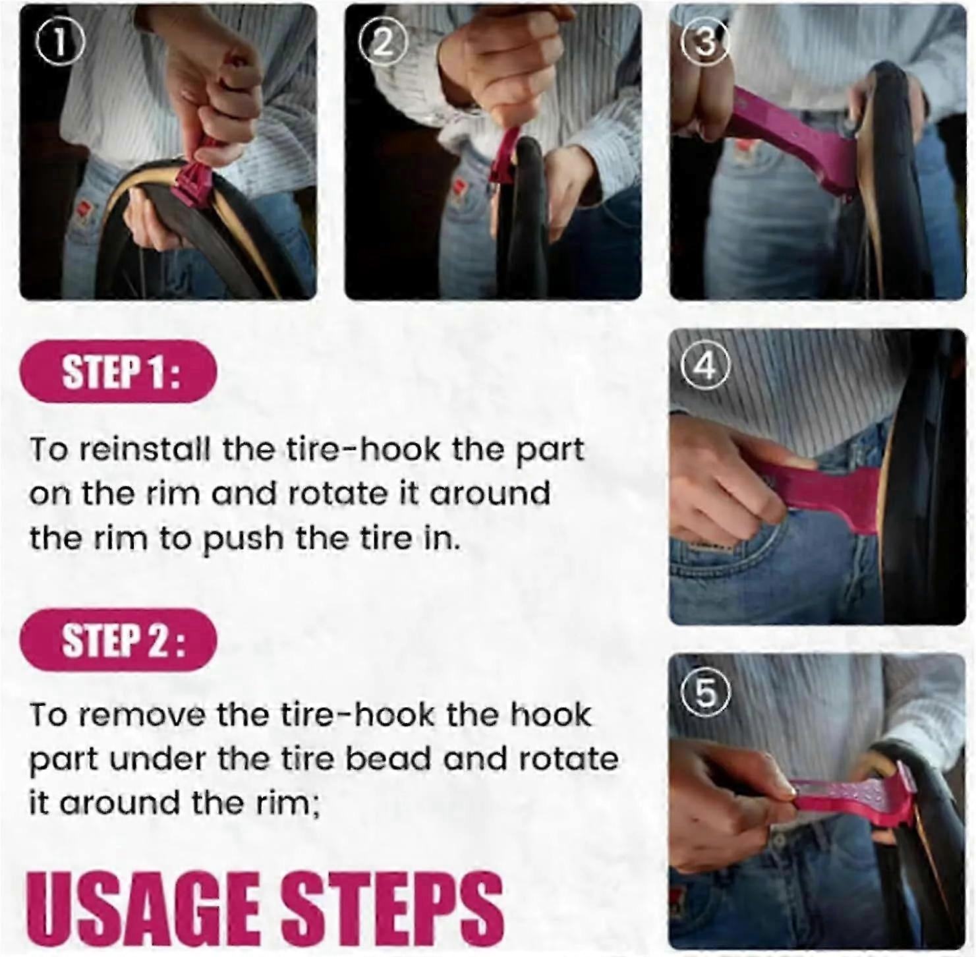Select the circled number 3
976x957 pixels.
coord(705,43)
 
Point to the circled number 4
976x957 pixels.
coord(706,366)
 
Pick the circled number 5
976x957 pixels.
coord(705,692)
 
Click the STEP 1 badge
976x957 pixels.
coord(119,372)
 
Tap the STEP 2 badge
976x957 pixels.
coord(119,640)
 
